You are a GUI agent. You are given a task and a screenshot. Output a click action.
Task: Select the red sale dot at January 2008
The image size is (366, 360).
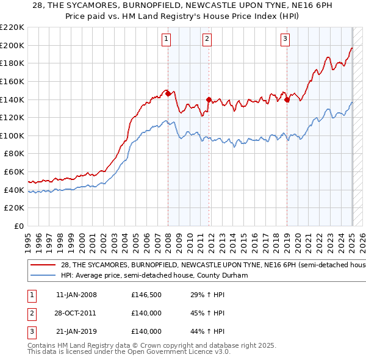[x=168, y=93]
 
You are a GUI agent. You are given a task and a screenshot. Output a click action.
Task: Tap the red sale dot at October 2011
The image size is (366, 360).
[x=208, y=99]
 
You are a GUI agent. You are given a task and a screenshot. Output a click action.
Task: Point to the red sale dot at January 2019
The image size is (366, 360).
[x=287, y=99]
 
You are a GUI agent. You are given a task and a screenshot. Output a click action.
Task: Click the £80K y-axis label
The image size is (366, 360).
[x=14, y=154]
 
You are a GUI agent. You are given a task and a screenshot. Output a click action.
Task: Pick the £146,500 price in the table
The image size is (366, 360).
[x=146, y=296]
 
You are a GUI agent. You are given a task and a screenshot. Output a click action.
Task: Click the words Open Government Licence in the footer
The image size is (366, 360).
[x=174, y=352]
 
